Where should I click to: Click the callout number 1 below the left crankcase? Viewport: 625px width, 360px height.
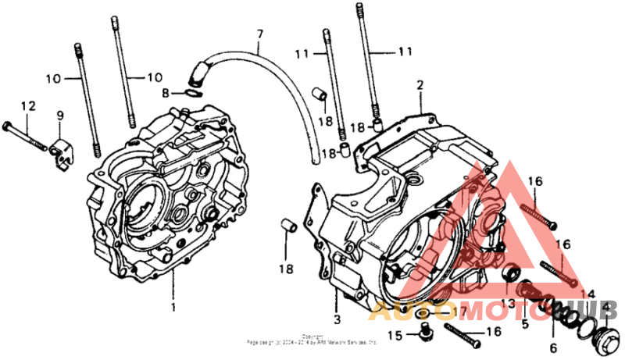pyautogui.click(x=173, y=307)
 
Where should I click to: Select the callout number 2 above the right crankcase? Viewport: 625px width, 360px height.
pyautogui.click(x=420, y=84)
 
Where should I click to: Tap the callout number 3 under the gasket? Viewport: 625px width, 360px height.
pyautogui.click(x=337, y=320)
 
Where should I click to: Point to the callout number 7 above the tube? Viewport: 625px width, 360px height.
pyautogui.click(x=260, y=34)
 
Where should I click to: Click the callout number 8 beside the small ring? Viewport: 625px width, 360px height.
pyautogui.click(x=165, y=94)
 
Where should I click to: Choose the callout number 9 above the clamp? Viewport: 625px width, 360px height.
pyautogui.click(x=59, y=116)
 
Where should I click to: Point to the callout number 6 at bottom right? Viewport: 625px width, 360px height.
pyautogui.click(x=552, y=348)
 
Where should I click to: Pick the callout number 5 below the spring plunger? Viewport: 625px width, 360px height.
pyautogui.click(x=525, y=323)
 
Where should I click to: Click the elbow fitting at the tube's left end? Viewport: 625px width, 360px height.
pyautogui.click(x=196, y=75)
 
